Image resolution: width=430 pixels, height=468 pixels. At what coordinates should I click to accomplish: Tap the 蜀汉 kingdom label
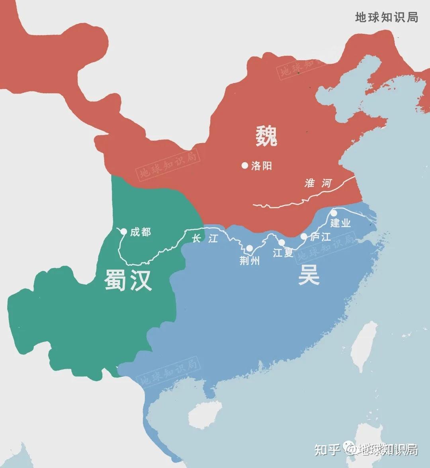pos(128,279)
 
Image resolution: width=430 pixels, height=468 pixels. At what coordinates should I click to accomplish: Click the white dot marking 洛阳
pos(245,165)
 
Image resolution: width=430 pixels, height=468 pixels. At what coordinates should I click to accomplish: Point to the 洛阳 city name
pos(262,166)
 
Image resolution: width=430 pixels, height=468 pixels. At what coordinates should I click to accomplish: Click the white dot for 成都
pos(123,232)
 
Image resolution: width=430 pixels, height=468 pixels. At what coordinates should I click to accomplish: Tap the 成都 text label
pos(141,232)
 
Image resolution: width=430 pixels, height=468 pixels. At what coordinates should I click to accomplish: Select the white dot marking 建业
pos(334,213)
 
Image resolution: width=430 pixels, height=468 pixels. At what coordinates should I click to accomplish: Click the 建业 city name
pos(340,223)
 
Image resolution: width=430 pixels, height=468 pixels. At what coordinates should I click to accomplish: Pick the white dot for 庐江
pos(304,236)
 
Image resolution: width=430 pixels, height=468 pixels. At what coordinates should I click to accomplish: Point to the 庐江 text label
pos(321,237)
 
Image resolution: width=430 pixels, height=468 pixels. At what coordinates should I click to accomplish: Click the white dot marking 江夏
pos(281,242)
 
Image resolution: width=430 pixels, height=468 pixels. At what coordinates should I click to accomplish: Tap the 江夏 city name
pos(283,252)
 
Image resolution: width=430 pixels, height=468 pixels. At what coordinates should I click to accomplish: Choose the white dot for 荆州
pos(249,248)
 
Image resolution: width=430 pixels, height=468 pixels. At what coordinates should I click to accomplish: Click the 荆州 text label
pos(250,260)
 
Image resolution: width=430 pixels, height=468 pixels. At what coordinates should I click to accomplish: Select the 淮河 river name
pos(318,183)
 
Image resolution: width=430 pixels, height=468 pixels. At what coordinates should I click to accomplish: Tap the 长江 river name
pos(205,238)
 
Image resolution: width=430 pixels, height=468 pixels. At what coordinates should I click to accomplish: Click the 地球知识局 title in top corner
pos(386,17)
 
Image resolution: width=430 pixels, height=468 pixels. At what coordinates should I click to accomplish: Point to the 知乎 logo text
pos(327,449)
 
